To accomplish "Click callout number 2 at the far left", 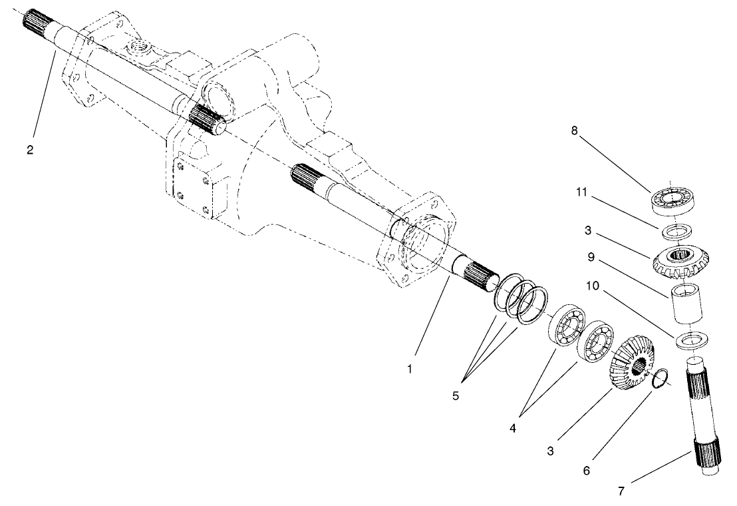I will point(30,149).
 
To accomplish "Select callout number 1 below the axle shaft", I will point(410,368).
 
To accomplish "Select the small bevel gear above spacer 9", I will point(680,260).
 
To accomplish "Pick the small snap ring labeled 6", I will point(660,378).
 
